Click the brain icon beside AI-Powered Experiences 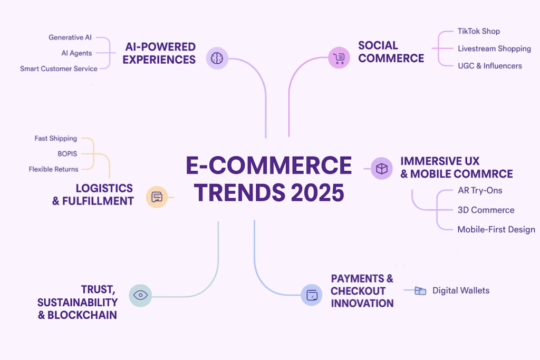217,58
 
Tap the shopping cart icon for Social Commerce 339,58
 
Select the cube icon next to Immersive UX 381,168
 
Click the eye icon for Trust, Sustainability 140,295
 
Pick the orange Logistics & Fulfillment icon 157,197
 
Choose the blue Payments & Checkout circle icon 311,295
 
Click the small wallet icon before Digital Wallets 420,290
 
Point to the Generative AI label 70,37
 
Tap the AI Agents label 76,53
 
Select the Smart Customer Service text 59,69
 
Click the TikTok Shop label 478,31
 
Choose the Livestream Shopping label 494,48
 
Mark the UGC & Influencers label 489,66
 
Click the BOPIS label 67,154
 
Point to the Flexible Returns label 53,169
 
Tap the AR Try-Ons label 480,190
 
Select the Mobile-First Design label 496,229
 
